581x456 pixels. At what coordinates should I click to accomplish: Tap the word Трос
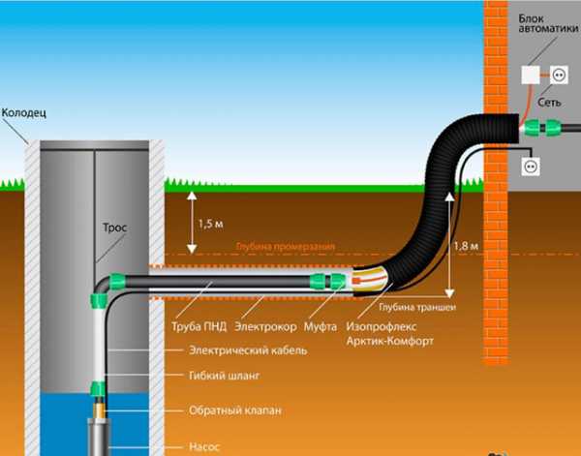[x=115, y=228]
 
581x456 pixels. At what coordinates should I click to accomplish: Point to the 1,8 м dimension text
[x=466, y=247]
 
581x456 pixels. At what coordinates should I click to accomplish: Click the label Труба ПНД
[x=198, y=324]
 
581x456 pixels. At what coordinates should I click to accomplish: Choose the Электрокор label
[x=265, y=324]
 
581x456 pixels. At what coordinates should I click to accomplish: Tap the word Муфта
[x=321, y=324]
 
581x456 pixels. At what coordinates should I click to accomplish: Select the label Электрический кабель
[x=248, y=350]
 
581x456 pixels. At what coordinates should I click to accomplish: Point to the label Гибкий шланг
[x=225, y=375]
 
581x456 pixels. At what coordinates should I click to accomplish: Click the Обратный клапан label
[x=235, y=410]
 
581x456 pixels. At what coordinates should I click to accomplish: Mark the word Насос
[x=205, y=447]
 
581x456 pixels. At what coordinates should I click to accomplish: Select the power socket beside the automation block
[x=559, y=74]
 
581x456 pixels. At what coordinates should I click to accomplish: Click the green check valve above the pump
[x=98, y=392]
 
